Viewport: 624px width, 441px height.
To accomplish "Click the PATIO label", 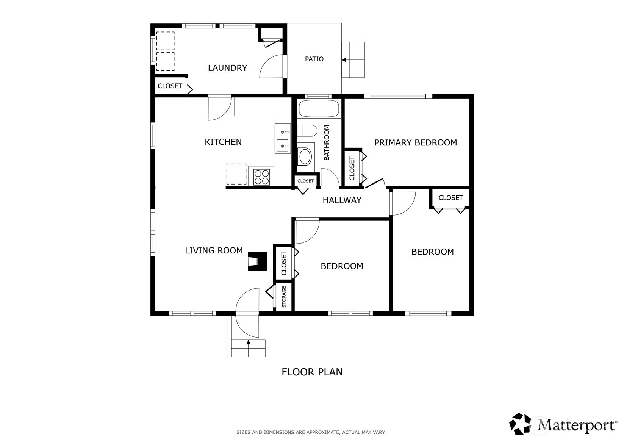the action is coord(314,59).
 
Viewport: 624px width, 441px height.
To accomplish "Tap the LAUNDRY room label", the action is coord(228,68).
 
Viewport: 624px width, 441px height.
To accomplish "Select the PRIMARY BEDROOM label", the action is coord(415,142).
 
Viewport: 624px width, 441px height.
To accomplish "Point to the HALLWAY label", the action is coord(342,200).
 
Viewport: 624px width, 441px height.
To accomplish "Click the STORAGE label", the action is coord(284,297).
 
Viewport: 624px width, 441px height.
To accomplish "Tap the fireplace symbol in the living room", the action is coord(257,261).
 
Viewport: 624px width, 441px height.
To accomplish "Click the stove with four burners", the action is coord(262,177).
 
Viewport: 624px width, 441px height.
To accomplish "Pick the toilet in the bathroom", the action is coord(307,131).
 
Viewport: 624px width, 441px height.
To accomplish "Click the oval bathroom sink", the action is coord(305,156).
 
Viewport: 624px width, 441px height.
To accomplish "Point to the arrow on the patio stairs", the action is coord(344,60).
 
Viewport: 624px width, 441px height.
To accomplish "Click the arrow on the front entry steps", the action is coord(248,342).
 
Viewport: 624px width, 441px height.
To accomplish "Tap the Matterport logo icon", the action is coord(520,424).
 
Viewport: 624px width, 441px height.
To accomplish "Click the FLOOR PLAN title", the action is coord(312,372).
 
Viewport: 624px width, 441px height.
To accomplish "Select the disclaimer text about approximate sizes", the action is coord(311,432).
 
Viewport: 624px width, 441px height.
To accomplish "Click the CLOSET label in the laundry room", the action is coord(170,86).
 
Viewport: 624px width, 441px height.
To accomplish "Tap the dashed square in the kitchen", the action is coord(236,174).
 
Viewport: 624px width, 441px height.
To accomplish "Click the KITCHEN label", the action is coord(223,142).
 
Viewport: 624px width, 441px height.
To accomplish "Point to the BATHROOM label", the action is coord(327,142).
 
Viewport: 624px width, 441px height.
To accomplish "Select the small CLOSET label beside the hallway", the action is coord(306,181).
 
